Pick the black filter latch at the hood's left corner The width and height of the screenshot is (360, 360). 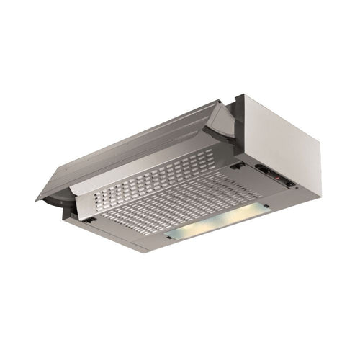85,219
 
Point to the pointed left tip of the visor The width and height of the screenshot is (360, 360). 37,199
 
